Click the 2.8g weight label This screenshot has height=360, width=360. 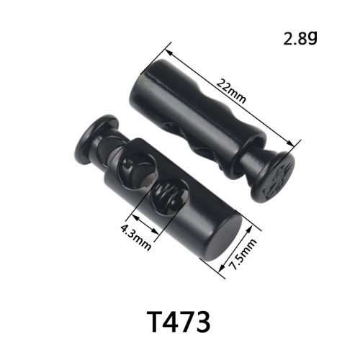300,38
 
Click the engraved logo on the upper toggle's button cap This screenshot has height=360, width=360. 279,180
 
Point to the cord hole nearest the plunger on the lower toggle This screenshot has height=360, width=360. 135,167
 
